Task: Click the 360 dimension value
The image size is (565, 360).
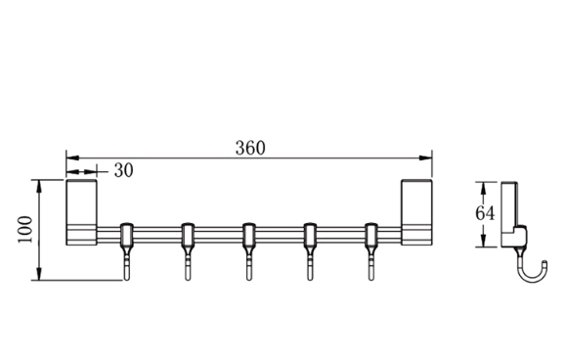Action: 250,148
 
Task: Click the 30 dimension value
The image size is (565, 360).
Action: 123,170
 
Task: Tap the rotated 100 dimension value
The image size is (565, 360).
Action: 24,230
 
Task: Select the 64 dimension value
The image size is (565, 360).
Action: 485,213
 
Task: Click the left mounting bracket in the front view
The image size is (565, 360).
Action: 81,212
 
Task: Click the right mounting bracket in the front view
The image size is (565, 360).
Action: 416,212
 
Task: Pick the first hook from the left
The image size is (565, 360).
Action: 126,251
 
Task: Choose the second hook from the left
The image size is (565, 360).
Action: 188,251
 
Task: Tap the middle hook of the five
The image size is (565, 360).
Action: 249,251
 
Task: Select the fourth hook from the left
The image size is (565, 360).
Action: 310,251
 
